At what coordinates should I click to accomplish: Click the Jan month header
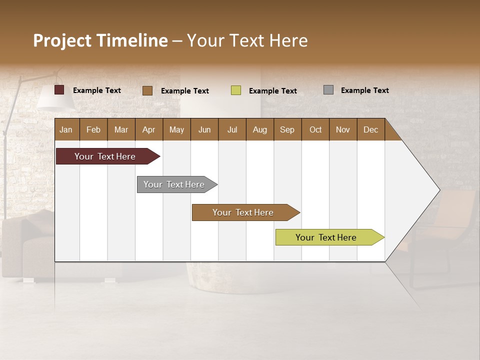pyautogui.click(x=66, y=129)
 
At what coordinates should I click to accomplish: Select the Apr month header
pyautogui.click(x=149, y=129)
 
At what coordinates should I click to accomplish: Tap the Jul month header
pyautogui.click(x=232, y=129)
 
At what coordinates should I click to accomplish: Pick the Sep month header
pyautogui.click(x=287, y=129)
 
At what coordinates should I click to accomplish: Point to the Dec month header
pyautogui.click(x=370, y=129)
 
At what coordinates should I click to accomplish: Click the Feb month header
pyautogui.click(x=93, y=129)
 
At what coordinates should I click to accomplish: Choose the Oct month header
pyautogui.click(x=315, y=129)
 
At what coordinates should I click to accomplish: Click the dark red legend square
pyautogui.click(x=59, y=90)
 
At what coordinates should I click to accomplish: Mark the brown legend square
pyautogui.click(x=147, y=90)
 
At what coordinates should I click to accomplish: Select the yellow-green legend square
pyautogui.click(x=236, y=90)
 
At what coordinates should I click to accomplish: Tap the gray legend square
pyautogui.click(x=328, y=90)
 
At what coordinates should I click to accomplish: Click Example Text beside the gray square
pyautogui.click(x=364, y=90)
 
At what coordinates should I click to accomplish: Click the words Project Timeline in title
pyautogui.click(x=100, y=40)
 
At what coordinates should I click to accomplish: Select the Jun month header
pyautogui.click(x=204, y=129)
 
